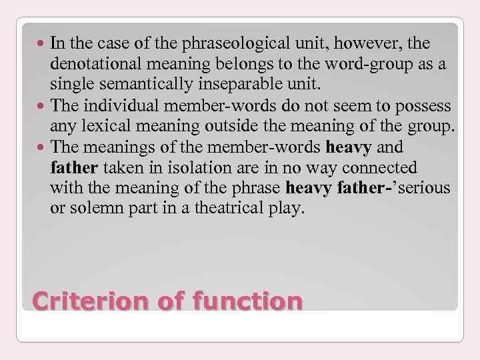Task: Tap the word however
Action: click(356, 44)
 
